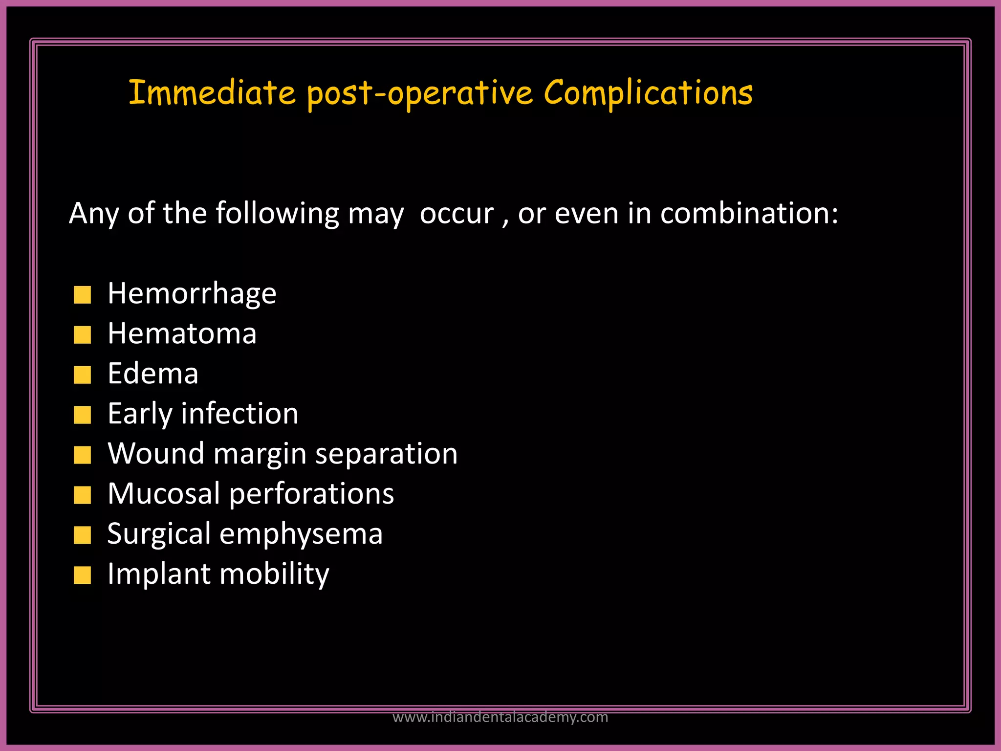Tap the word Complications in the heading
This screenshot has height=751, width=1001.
point(648,93)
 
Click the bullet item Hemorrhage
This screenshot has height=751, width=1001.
point(192,294)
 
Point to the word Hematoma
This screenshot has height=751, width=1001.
point(182,334)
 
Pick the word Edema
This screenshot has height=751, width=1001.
point(153,374)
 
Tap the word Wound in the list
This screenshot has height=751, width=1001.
point(156,454)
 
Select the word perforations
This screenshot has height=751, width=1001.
point(311,494)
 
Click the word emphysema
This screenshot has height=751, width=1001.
point(301,534)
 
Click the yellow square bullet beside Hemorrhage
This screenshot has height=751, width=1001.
point(82,295)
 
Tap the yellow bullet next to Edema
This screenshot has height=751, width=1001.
point(82,375)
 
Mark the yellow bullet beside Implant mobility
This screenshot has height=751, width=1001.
point(82,575)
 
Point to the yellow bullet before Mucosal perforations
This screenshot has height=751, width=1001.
point(82,495)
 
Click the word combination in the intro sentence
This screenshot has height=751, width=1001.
point(749,214)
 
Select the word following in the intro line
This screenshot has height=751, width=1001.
point(277,214)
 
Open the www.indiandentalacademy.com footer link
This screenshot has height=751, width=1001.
point(500,717)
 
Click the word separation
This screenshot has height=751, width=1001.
point(386,454)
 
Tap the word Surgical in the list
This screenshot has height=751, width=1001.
point(159,534)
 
